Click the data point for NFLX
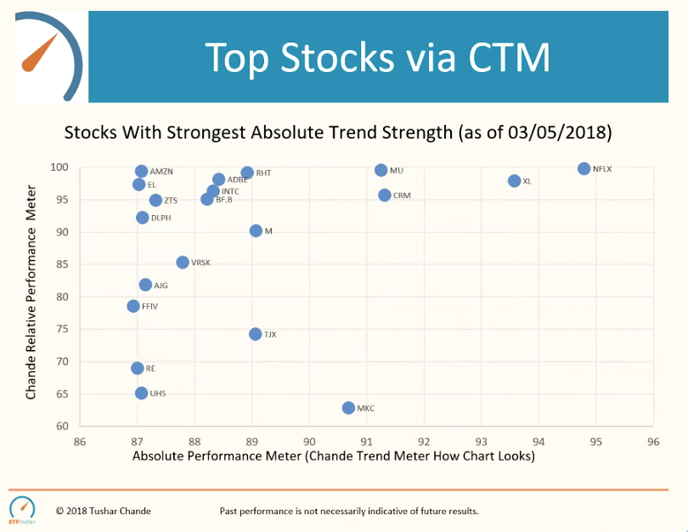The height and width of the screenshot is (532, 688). (584, 168)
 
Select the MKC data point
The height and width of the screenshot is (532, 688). (348, 408)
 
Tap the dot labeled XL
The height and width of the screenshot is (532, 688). (514, 181)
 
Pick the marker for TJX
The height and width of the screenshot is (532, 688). (256, 334)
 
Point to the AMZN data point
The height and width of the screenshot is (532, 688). (142, 172)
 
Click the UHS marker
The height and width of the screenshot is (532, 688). (141, 393)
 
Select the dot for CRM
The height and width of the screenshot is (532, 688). (385, 195)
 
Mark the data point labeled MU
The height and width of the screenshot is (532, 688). (381, 170)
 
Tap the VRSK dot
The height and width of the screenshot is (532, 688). (183, 263)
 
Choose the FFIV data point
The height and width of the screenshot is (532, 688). (133, 306)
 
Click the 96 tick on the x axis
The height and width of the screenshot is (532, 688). (653, 442)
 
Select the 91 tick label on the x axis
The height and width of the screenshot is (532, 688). (366, 442)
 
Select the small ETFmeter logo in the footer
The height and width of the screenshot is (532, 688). (22, 508)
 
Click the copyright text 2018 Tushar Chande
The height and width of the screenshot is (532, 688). (103, 511)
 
